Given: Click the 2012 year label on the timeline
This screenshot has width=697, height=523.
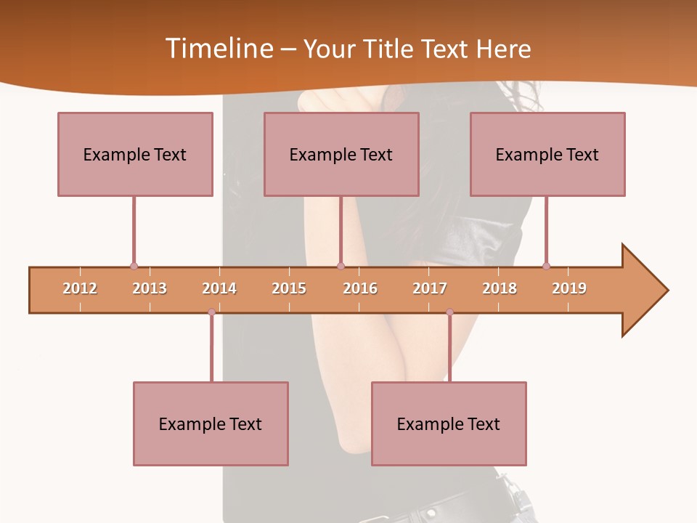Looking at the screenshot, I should (x=80, y=288).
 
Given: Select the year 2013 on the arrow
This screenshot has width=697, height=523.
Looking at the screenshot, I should (x=150, y=288).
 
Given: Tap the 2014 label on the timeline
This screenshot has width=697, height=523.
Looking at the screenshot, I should (x=219, y=288).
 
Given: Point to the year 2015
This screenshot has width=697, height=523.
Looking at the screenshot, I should (x=289, y=288).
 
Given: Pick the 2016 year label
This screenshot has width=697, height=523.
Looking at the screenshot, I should (x=360, y=288).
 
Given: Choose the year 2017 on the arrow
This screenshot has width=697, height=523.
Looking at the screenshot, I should (x=430, y=288).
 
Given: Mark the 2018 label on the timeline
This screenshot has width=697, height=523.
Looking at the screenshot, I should (x=500, y=288).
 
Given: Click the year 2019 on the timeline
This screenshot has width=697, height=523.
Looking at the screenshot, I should (x=569, y=288).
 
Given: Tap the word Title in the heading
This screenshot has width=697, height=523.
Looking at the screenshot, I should (x=390, y=49).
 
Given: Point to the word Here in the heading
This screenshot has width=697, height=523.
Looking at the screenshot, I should (x=504, y=49).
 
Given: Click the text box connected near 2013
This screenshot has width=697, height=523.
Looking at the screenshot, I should (x=135, y=154).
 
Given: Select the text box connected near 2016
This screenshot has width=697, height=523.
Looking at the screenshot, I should (x=341, y=154).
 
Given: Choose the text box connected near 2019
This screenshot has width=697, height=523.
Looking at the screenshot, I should (x=547, y=154).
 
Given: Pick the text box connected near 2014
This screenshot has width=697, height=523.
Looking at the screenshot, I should (x=211, y=423).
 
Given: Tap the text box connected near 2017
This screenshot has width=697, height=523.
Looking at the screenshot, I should (x=449, y=423).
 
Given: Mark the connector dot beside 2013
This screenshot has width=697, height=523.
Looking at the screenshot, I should (x=134, y=266).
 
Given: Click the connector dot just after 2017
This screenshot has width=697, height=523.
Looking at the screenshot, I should (x=449, y=312).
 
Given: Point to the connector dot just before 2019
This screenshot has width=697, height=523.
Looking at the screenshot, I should (x=546, y=266).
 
